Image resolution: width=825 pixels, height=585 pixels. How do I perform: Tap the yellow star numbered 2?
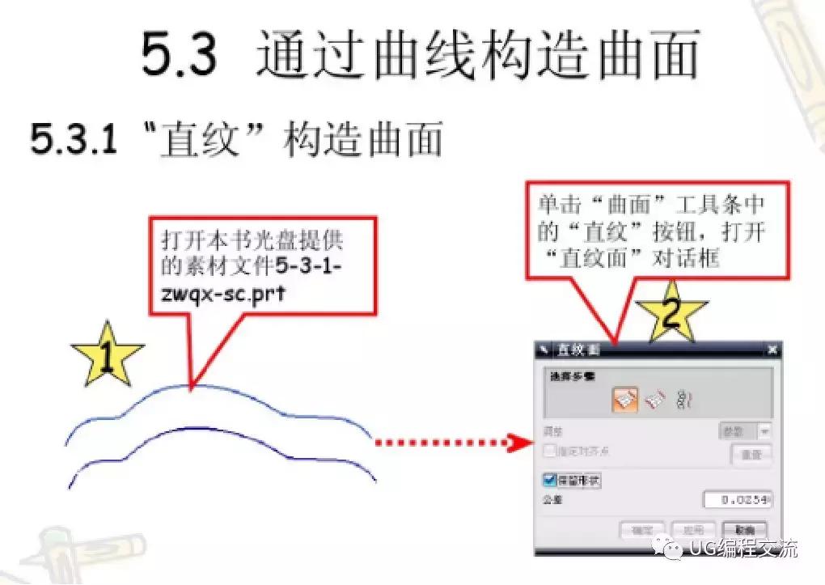click(x=671, y=312)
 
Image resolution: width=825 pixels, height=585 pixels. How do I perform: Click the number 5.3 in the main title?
click(x=179, y=55)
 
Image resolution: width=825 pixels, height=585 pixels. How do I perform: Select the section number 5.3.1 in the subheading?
click(x=74, y=139)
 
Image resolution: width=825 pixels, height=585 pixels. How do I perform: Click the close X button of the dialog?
click(x=771, y=350)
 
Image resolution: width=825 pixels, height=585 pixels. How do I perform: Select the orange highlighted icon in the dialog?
click(x=624, y=398)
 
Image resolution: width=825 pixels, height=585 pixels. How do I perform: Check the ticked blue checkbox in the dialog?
click(x=551, y=480)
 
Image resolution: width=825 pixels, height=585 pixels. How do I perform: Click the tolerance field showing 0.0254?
click(x=737, y=500)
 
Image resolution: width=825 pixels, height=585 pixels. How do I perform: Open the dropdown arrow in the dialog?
click(x=764, y=432)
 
